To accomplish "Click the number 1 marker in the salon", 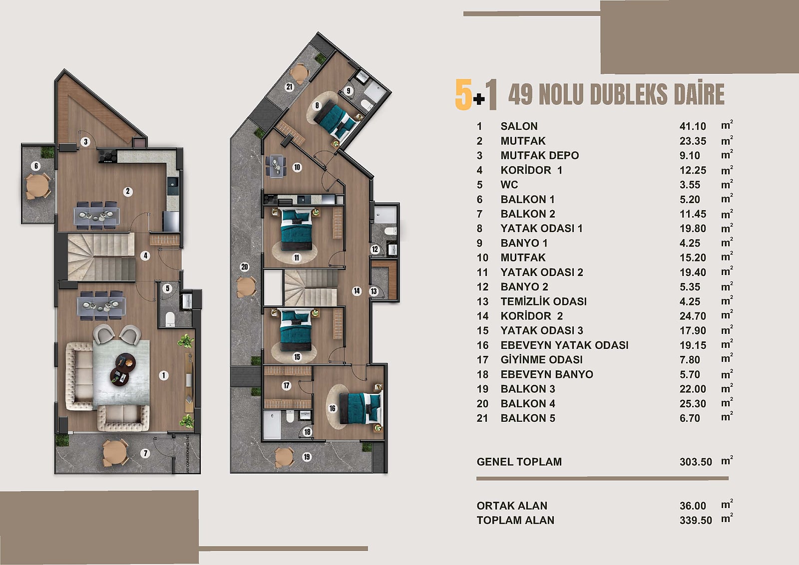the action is click(164, 375).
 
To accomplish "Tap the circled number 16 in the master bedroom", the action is click(333, 408).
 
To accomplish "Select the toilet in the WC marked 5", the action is click(170, 318).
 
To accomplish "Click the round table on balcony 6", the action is click(37, 185).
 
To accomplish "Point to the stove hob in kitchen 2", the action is click(108, 156).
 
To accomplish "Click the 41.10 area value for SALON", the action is click(693, 126).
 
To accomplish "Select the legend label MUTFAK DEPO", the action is click(540, 155).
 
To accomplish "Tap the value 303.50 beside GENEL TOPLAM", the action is click(696, 462).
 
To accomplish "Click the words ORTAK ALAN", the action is click(512, 506).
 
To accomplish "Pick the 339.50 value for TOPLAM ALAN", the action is click(696, 520).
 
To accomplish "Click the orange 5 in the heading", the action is click(463, 94).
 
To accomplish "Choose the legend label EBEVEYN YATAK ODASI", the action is click(564, 345).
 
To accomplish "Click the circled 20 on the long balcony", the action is click(244, 267).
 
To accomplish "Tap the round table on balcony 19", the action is click(284, 457).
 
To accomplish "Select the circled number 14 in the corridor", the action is click(357, 291).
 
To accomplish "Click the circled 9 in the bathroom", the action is click(349, 91).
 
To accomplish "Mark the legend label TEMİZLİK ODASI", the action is click(544, 301).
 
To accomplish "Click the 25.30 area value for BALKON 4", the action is click(693, 403).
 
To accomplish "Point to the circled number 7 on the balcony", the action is click(145, 453).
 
